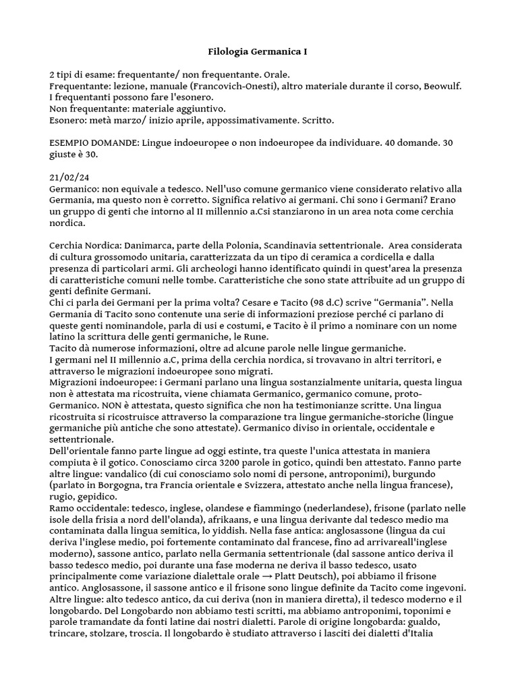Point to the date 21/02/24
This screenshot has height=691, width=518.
click(x=69, y=177)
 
